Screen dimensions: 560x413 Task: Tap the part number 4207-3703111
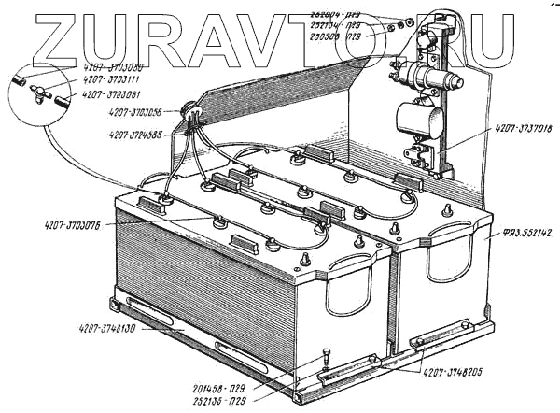[x=107, y=81]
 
